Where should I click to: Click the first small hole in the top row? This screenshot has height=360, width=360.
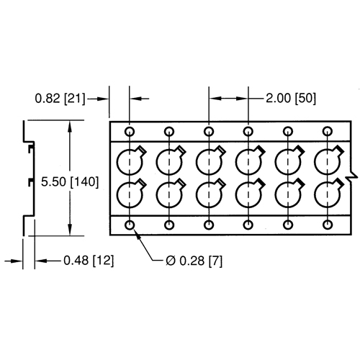[130, 132]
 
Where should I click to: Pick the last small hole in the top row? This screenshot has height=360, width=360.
[328, 132]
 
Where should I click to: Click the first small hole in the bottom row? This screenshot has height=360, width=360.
[130, 225]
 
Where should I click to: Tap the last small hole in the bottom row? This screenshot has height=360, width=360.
[328, 225]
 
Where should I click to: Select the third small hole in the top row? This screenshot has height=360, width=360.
[209, 132]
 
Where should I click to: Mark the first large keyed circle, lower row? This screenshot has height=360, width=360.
[130, 194]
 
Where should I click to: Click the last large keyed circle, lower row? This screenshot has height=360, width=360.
[328, 194]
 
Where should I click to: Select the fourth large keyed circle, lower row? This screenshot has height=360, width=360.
[249, 194]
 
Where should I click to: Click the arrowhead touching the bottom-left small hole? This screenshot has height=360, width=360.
[136, 231]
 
